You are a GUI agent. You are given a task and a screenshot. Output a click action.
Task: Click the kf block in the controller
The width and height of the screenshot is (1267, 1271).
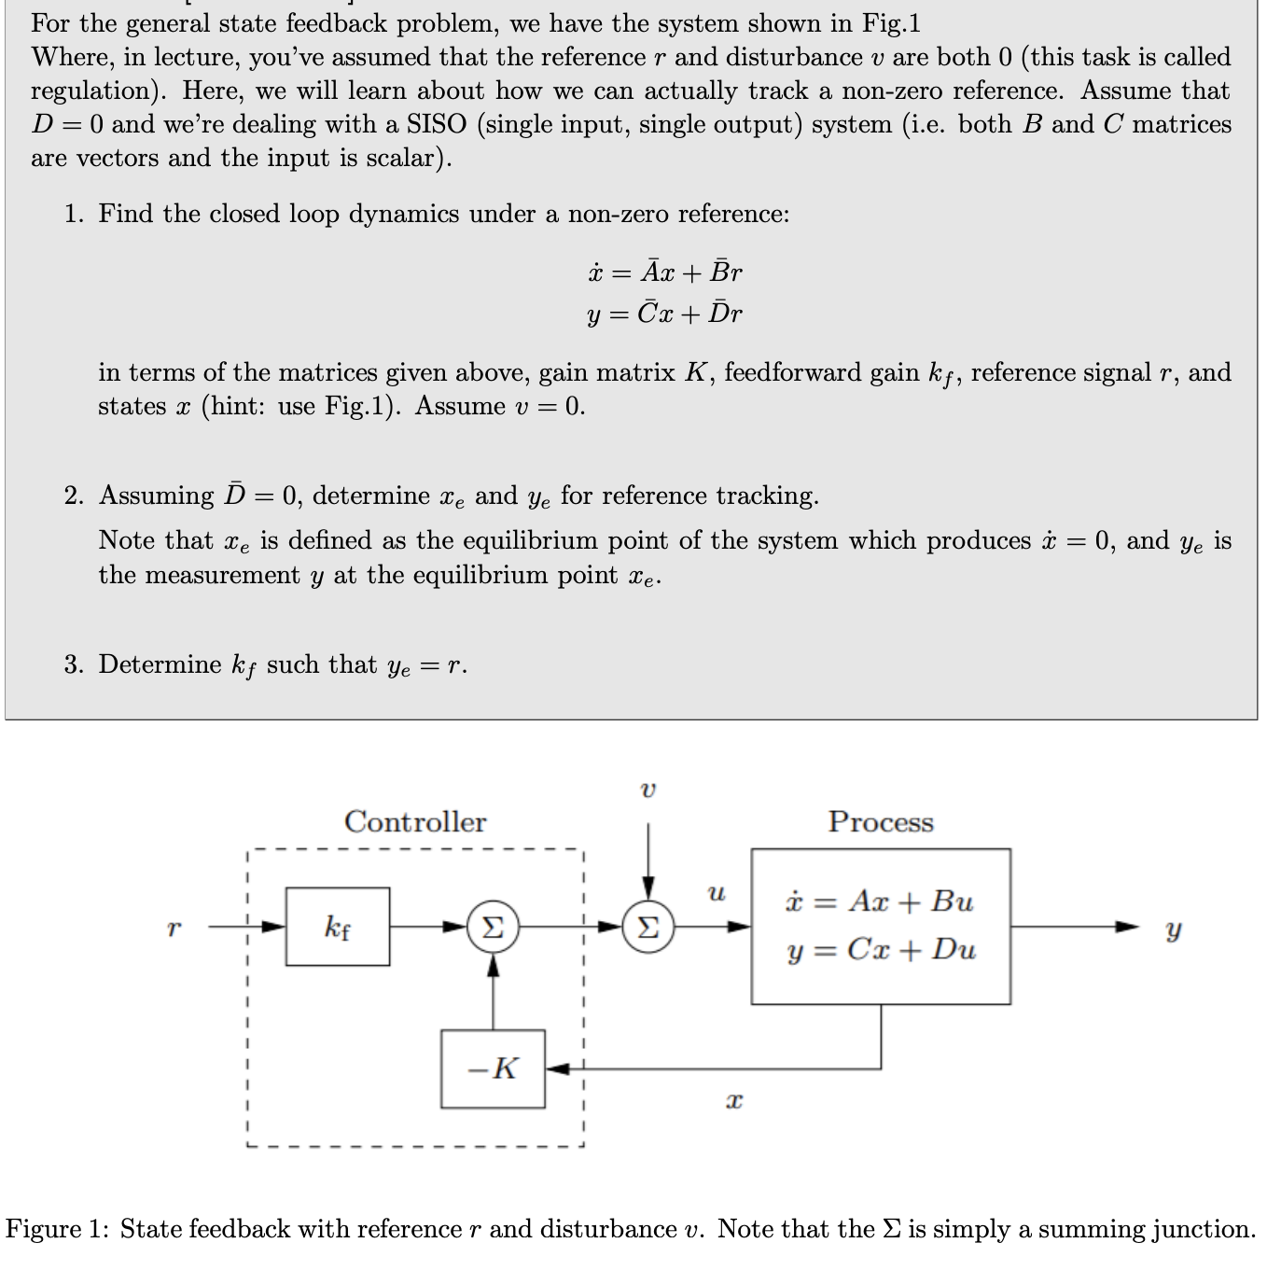(338, 927)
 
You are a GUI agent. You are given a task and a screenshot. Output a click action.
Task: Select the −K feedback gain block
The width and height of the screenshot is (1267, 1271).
(493, 1068)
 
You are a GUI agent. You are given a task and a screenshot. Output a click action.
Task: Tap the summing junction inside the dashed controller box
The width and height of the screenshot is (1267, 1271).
(493, 927)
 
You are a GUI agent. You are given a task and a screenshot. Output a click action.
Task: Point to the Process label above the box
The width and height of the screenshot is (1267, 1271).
(881, 822)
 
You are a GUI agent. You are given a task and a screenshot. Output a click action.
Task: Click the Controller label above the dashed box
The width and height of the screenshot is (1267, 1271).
(415, 821)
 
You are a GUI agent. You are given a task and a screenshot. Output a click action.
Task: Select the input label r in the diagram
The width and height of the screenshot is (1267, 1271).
(173, 929)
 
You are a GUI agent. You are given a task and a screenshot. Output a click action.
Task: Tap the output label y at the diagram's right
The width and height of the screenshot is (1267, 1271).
(1174, 929)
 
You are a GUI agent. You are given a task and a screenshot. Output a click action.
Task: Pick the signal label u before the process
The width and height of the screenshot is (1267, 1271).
(716, 893)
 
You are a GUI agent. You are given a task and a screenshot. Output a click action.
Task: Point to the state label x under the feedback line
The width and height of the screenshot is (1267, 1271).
(734, 1102)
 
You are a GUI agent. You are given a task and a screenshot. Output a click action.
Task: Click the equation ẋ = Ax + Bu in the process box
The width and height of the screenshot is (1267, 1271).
(879, 901)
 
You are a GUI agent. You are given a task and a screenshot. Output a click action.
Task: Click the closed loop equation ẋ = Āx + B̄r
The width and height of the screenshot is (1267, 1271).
(664, 272)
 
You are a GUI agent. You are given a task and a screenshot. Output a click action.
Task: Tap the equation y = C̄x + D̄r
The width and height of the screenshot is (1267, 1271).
(664, 314)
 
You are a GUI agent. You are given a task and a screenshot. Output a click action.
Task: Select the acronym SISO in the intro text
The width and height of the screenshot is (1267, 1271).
(437, 124)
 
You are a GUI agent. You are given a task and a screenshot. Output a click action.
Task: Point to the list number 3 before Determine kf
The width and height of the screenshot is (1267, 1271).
(74, 664)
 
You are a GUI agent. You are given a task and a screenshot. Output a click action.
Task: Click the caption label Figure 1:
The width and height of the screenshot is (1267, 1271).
(58, 1229)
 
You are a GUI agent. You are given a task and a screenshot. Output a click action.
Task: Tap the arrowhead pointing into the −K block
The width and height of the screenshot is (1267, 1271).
(553, 1068)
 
